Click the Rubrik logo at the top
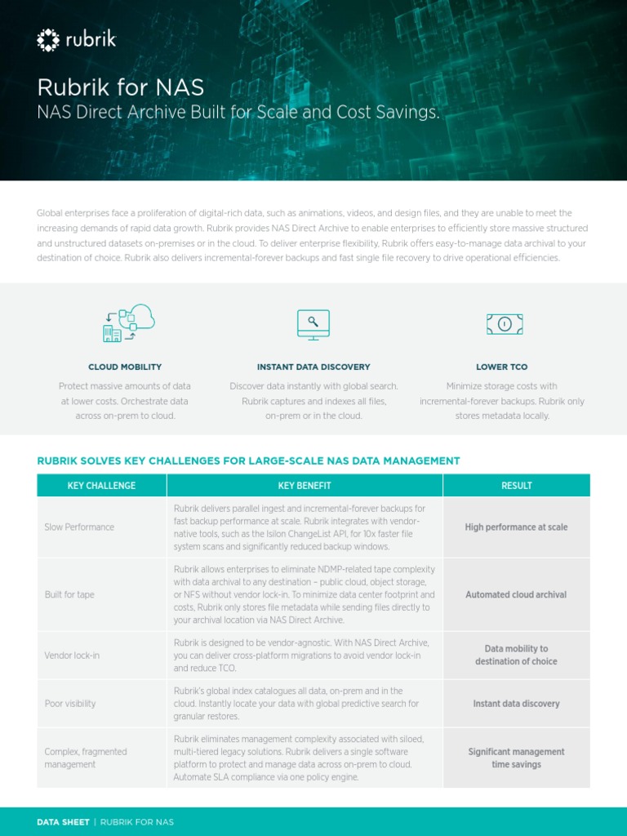click(x=76, y=39)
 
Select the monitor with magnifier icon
click(x=313, y=323)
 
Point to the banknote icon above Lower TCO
click(x=504, y=324)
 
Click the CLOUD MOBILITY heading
click(x=125, y=367)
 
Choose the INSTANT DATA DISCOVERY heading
click(x=313, y=367)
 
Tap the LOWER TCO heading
click(x=501, y=367)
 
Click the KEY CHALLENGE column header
click(x=101, y=486)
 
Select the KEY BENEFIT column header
click(x=305, y=486)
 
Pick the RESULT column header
click(x=516, y=486)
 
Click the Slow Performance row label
click(x=79, y=527)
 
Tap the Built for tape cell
click(x=69, y=595)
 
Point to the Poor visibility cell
click(x=70, y=704)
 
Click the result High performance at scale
click(x=516, y=527)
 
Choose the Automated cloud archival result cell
click(x=516, y=595)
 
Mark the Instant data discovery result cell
click(x=516, y=704)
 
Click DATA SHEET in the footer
click(x=63, y=822)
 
